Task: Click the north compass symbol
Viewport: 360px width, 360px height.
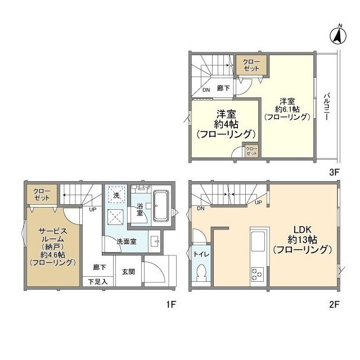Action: pos(338,35)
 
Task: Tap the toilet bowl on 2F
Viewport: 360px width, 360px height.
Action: pos(202,272)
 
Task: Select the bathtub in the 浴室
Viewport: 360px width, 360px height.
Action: pos(161,206)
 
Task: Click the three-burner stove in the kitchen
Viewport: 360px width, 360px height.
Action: pos(257,274)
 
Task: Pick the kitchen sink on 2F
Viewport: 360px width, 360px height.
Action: pos(258,241)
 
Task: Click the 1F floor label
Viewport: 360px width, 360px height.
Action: pos(171,305)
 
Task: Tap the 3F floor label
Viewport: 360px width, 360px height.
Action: pos(334,172)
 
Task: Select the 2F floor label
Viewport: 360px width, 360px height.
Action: pos(334,305)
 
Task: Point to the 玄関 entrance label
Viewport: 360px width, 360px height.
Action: pos(128,272)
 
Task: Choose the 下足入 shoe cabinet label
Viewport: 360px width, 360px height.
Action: pos(98,282)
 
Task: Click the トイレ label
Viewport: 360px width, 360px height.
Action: pos(201,254)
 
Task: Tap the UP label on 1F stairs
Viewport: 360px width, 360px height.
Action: pos(92,210)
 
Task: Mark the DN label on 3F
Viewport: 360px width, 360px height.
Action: pos(206,90)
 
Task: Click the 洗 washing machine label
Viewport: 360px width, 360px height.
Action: pos(116,195)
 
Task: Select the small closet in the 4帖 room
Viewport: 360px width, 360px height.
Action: pos(251,151)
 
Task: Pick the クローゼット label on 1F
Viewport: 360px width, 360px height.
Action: pos(42,194)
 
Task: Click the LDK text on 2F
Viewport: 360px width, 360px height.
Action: pos(303,229)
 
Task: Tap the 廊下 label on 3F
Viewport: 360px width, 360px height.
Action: pos(223,88)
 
